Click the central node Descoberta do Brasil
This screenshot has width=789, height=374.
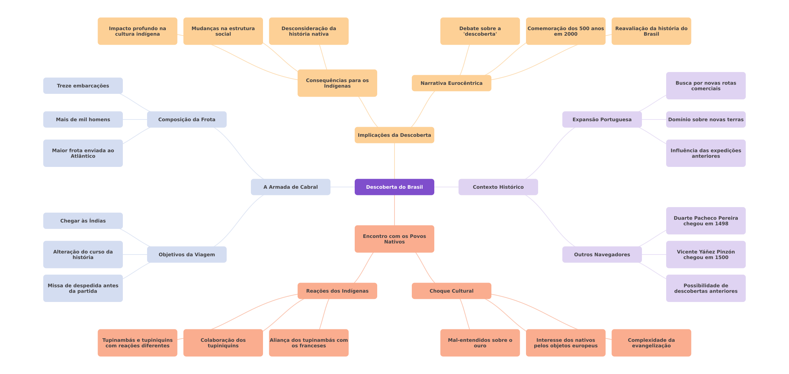pos(394,187)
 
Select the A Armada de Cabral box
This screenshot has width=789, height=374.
pos(290,187)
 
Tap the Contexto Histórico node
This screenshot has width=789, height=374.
pos(498,187)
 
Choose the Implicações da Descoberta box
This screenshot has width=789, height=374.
pos(394,135)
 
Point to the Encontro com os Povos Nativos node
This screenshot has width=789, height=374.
pos(394,239)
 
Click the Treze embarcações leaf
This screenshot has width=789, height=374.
pos(83,86)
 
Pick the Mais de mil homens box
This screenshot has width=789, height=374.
pos(83,119)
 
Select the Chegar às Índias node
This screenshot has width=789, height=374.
pos(83,221)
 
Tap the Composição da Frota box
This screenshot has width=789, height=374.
pos(187,119)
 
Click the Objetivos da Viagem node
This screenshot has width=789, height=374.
pos(187,255)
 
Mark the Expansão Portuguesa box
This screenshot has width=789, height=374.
pos(602,119)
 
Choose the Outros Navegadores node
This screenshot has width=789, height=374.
pos(602,255)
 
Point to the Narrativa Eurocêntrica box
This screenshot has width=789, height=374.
pos(451,83)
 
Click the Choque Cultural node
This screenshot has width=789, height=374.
pos(451,291)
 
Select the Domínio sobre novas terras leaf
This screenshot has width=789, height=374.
pos(706,119)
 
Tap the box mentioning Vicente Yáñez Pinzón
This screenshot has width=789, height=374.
pos(706,255)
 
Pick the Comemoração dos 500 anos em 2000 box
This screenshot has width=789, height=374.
pos(565,31)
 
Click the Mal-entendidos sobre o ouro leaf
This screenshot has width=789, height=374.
pos(480,343)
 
